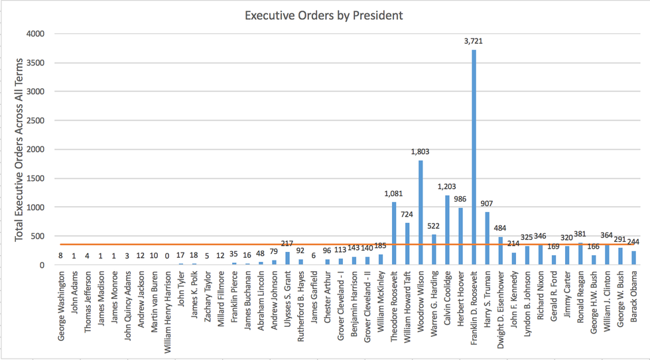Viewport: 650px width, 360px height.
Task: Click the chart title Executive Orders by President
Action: (x=324, y=15)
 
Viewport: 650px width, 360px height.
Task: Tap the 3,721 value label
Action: (x=474, y=41)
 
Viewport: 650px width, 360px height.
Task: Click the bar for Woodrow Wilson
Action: (x=420, y=212)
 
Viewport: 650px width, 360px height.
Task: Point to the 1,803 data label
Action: (x=420, y=152)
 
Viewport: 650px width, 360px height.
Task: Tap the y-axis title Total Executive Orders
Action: (x=19, y=149)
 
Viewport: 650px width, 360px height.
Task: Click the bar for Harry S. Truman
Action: (x=487, y=238)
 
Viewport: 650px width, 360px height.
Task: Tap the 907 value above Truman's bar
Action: (x=487, y=204)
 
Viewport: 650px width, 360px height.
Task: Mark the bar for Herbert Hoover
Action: (x=460, y=236)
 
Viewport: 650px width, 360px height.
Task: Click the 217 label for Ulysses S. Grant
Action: (x=287, y=243)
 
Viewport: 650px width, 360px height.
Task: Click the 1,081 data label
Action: (x=393, y=194)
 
